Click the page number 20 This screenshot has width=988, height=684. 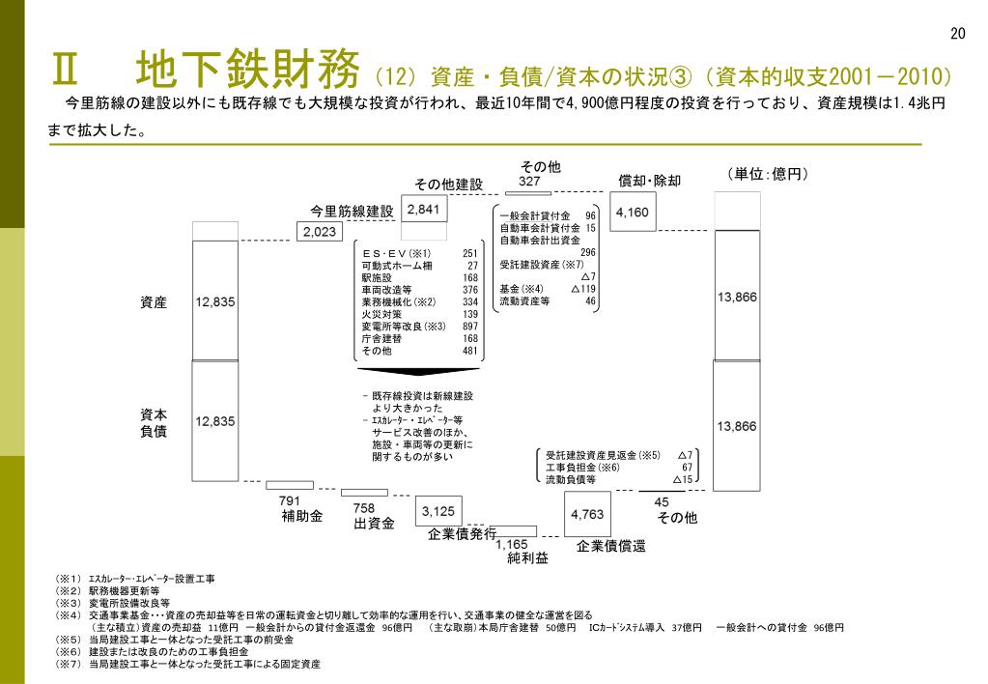coord(957,34)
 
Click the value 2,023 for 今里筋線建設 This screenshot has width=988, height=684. coord(320,232)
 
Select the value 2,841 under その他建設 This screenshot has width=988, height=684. coord(423,210)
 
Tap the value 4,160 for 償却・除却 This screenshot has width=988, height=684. coord(633,212)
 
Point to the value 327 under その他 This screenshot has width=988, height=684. coord(528,181)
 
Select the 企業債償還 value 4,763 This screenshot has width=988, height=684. coord(587,515)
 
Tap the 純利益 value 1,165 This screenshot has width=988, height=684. coord(512,545)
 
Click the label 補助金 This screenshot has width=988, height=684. coord(302,516)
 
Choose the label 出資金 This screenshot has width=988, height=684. coord(374,524)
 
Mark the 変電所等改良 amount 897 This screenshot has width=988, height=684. coord(470,327)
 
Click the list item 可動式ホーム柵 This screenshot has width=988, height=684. coord(397,266)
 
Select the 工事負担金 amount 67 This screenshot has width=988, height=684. coord(687,467)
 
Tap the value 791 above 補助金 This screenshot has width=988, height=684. coord(290,500)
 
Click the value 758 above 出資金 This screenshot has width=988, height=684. coord(363,508)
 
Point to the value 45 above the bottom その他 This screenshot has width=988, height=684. coord(662,502)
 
